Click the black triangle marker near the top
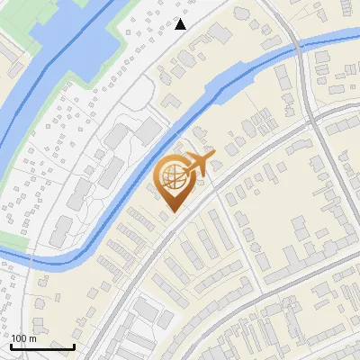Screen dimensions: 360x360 point(181,24)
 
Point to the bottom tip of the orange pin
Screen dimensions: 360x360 point(171,212)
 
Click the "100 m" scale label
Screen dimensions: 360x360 point(23,337)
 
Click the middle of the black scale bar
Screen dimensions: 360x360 point(42,346)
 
